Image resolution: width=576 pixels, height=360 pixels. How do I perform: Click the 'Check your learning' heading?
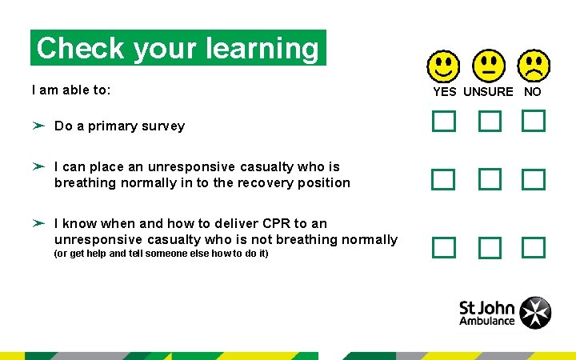(x=178, y=48)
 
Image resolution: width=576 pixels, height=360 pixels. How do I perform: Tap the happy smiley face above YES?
(x=443, y=67)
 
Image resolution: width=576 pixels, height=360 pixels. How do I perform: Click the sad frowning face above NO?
(x=534, y=67)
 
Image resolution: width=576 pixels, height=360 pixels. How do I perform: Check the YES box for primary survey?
(x=443, y=122)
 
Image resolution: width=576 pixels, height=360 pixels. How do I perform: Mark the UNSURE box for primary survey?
(x=490, y=122)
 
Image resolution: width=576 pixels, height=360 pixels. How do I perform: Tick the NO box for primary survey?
(x=534, y=122)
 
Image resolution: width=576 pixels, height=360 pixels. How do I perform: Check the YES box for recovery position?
(x=443, y=179)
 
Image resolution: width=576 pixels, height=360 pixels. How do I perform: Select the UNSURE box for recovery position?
(x=490, y=179)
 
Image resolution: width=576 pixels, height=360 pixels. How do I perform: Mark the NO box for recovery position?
(x=534, y=179)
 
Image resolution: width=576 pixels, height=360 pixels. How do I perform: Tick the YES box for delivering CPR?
(x=443, y=247)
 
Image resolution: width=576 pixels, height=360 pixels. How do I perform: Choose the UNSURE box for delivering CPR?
(x=490, y=247)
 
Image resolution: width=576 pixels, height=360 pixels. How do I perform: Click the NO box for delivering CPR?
(x=534, y=247)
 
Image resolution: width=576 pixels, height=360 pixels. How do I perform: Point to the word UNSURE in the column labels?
(x=488, y=92)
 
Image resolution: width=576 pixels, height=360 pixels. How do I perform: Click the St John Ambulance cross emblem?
(x=535, y=313)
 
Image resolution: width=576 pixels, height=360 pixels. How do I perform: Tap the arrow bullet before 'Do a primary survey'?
(x=38, y=126)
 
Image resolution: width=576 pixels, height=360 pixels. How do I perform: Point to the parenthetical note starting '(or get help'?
(x=161, y=254)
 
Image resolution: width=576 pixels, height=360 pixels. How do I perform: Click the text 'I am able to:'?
(x=71, y=90)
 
